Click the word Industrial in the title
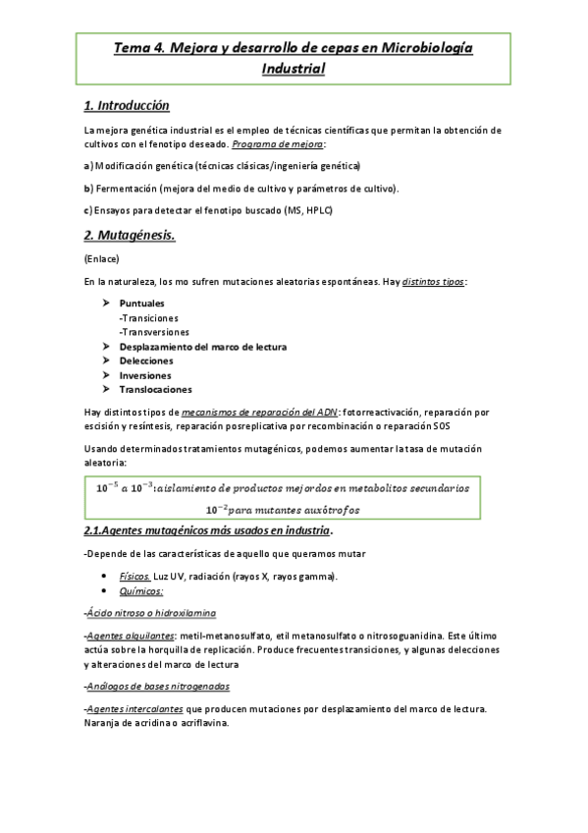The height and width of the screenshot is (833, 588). point(293,69)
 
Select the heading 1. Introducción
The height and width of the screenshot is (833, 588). point(127,105)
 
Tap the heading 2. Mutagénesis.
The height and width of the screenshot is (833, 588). point(130,235)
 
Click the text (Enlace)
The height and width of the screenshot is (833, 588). point(102,259)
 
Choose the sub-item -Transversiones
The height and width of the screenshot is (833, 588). point(154,332)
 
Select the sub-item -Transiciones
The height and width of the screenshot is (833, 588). point(148,318)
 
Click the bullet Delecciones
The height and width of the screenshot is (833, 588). point(146,361)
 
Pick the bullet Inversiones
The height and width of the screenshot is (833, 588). point(145,375)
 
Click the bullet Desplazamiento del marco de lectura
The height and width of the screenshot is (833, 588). point(202,347)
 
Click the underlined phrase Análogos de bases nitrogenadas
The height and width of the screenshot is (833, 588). point(159,687)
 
